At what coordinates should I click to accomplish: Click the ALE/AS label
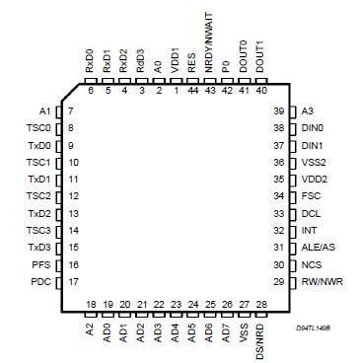[x=318, y=248]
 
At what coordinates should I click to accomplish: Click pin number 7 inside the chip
[x=71, y=110]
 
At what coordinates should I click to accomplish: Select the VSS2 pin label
[x=313, y=162]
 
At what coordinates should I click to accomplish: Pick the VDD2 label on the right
[x=313, y=180]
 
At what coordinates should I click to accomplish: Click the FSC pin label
[x=310, y=196]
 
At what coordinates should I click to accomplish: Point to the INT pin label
[x=308, y=231]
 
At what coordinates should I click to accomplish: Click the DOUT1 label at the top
[x=260, y=54]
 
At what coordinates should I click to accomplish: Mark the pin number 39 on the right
[x=279, y=110]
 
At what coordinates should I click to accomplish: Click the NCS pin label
[x=310, y=265]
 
